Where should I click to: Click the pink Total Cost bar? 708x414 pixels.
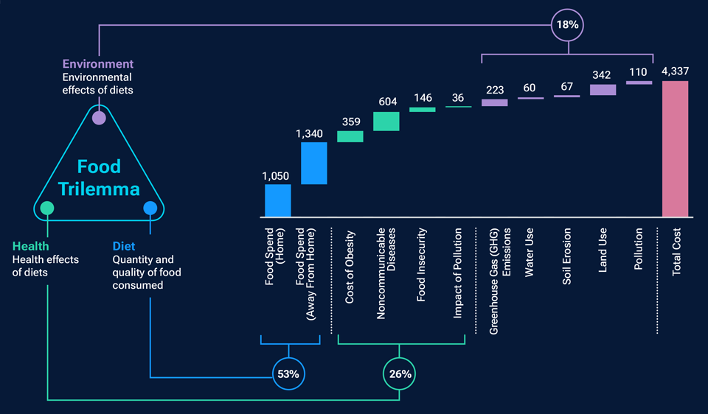pyautogui.click(x=675, y=149)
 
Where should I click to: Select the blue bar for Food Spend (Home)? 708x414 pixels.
pyautogui.click(x=278, y=200)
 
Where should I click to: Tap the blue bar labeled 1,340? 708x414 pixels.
pyautogui.click(x=313, y=163)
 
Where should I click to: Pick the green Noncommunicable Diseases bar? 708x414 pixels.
pyautogui.click(x=386, y=122)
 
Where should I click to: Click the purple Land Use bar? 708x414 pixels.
pyautogui.click(x=603, y=90)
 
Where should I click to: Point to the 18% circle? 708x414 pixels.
pyautogui.click(x=568, y=24)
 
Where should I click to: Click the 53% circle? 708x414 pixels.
pyautogui.click(x=288, y=373)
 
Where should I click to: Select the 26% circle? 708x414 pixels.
pyautogui.click(x=400, y=373)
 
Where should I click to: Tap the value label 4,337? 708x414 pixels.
pyautogui.click(x=675, y=71)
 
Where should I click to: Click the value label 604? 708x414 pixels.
pyautogui.click(x=386, y=102)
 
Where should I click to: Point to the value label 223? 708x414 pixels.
pyautogui.click(x=495, y=89)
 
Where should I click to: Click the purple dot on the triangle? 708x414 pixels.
pyautogui.click(x=99, y=117)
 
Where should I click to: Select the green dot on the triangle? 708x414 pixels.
pyautogui.click(x=47, y=208)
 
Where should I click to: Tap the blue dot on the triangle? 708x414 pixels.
pyautogui.click(x=150, y=208)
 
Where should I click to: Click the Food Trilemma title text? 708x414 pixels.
pyautogui.click(x=99, y=178)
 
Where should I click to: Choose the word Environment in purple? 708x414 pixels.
pyautogui.click(x=97, y=64)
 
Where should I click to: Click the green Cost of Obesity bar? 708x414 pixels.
pyautogui.click(x=350, y=136)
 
